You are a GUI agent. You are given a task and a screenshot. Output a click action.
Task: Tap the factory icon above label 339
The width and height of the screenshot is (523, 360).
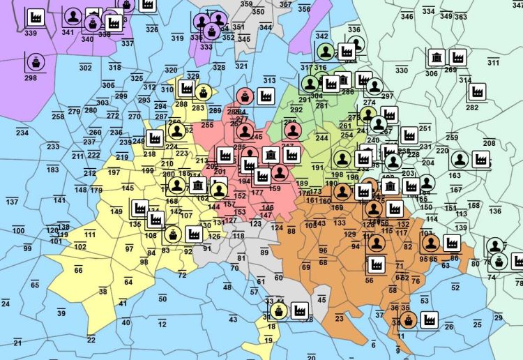[x=33, y=17]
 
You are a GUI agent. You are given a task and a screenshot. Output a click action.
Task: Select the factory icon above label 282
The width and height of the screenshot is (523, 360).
[x=478, y=91]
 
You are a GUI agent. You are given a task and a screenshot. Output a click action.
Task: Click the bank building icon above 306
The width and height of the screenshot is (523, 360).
[x=436, y=57]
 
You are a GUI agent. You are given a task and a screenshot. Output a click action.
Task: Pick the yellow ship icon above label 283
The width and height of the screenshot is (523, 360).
[x=202, y=91]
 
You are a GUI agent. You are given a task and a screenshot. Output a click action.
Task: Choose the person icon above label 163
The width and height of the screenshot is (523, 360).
[x=459, y=160]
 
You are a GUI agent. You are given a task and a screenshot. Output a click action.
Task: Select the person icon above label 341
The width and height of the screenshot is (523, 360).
[x=72, y=16]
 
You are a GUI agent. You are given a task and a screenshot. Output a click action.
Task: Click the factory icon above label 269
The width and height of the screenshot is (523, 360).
[x=457, y=57]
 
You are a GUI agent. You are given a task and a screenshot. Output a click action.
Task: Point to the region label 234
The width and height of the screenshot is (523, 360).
[x=22, y=133]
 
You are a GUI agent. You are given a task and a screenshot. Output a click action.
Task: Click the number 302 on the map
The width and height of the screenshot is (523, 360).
[x=85, y=68]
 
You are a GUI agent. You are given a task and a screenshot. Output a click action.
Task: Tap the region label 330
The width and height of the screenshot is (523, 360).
[x=402, y=70]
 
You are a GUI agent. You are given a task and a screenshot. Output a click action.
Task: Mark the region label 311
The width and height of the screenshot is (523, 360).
[x=494, y=63]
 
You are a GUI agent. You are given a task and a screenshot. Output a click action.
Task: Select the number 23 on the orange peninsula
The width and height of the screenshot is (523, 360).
[x=339, y=318]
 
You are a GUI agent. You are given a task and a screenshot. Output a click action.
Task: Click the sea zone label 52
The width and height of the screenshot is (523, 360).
[x=455, y=287]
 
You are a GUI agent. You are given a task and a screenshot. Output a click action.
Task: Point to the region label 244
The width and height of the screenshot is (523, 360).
[x=321, y=138]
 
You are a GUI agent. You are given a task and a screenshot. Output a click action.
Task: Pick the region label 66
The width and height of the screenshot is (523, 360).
[x=78, y=270]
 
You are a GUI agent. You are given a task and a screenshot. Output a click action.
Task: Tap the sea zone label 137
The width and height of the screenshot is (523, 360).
[x=12, y=202]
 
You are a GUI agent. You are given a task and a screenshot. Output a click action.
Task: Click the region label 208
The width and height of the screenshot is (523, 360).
[x=489, y=143]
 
